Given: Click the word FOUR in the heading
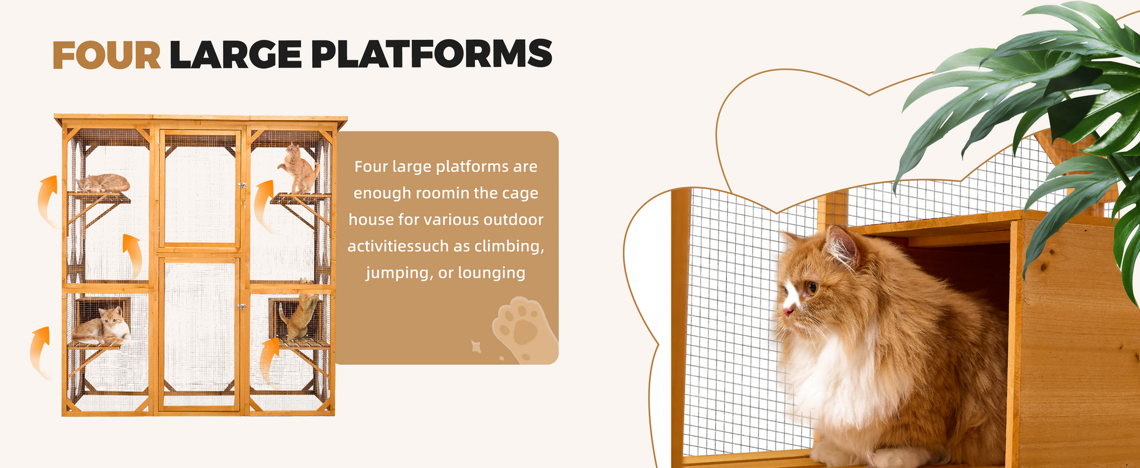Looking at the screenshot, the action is click(x=107, y=55).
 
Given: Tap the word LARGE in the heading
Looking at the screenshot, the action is click(x=235, y=55).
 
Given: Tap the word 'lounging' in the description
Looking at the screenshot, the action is click(x=492, y=273).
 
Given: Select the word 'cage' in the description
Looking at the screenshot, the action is click(x=520, y=194).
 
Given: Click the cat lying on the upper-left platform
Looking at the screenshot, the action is click(x=103, y=183).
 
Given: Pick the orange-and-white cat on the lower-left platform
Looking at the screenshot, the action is click(x=102, y=327).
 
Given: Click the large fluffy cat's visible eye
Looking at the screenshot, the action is click(x=811, y=288).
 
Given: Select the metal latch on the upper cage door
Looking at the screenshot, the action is click(x=242, y=185).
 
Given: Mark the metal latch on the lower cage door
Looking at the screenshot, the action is click(x=241, y=307).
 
